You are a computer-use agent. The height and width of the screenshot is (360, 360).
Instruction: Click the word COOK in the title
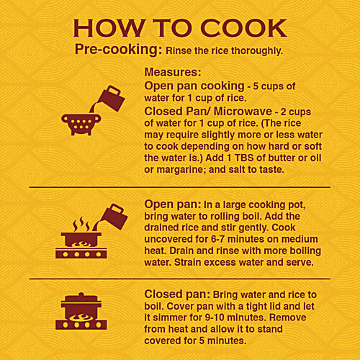click(243, 28)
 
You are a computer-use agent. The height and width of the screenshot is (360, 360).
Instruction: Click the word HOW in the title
click(109, 28)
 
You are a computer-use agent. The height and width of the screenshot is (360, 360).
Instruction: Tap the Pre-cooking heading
click(119, 50)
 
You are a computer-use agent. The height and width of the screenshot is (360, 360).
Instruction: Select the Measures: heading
click(173, 72)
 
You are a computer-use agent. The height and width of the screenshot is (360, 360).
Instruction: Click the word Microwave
click(243, 112)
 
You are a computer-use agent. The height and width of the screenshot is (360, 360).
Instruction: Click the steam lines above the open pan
click(81, 225)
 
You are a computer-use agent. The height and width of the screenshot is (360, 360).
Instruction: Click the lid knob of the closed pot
click(81, 294)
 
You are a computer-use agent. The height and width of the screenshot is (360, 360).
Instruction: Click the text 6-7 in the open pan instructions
click(218, 239)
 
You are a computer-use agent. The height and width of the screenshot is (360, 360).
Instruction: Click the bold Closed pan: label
click(177, 294)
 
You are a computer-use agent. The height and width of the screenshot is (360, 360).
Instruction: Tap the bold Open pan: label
click(173, 204)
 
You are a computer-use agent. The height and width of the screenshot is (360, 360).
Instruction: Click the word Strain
click(188, 262)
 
